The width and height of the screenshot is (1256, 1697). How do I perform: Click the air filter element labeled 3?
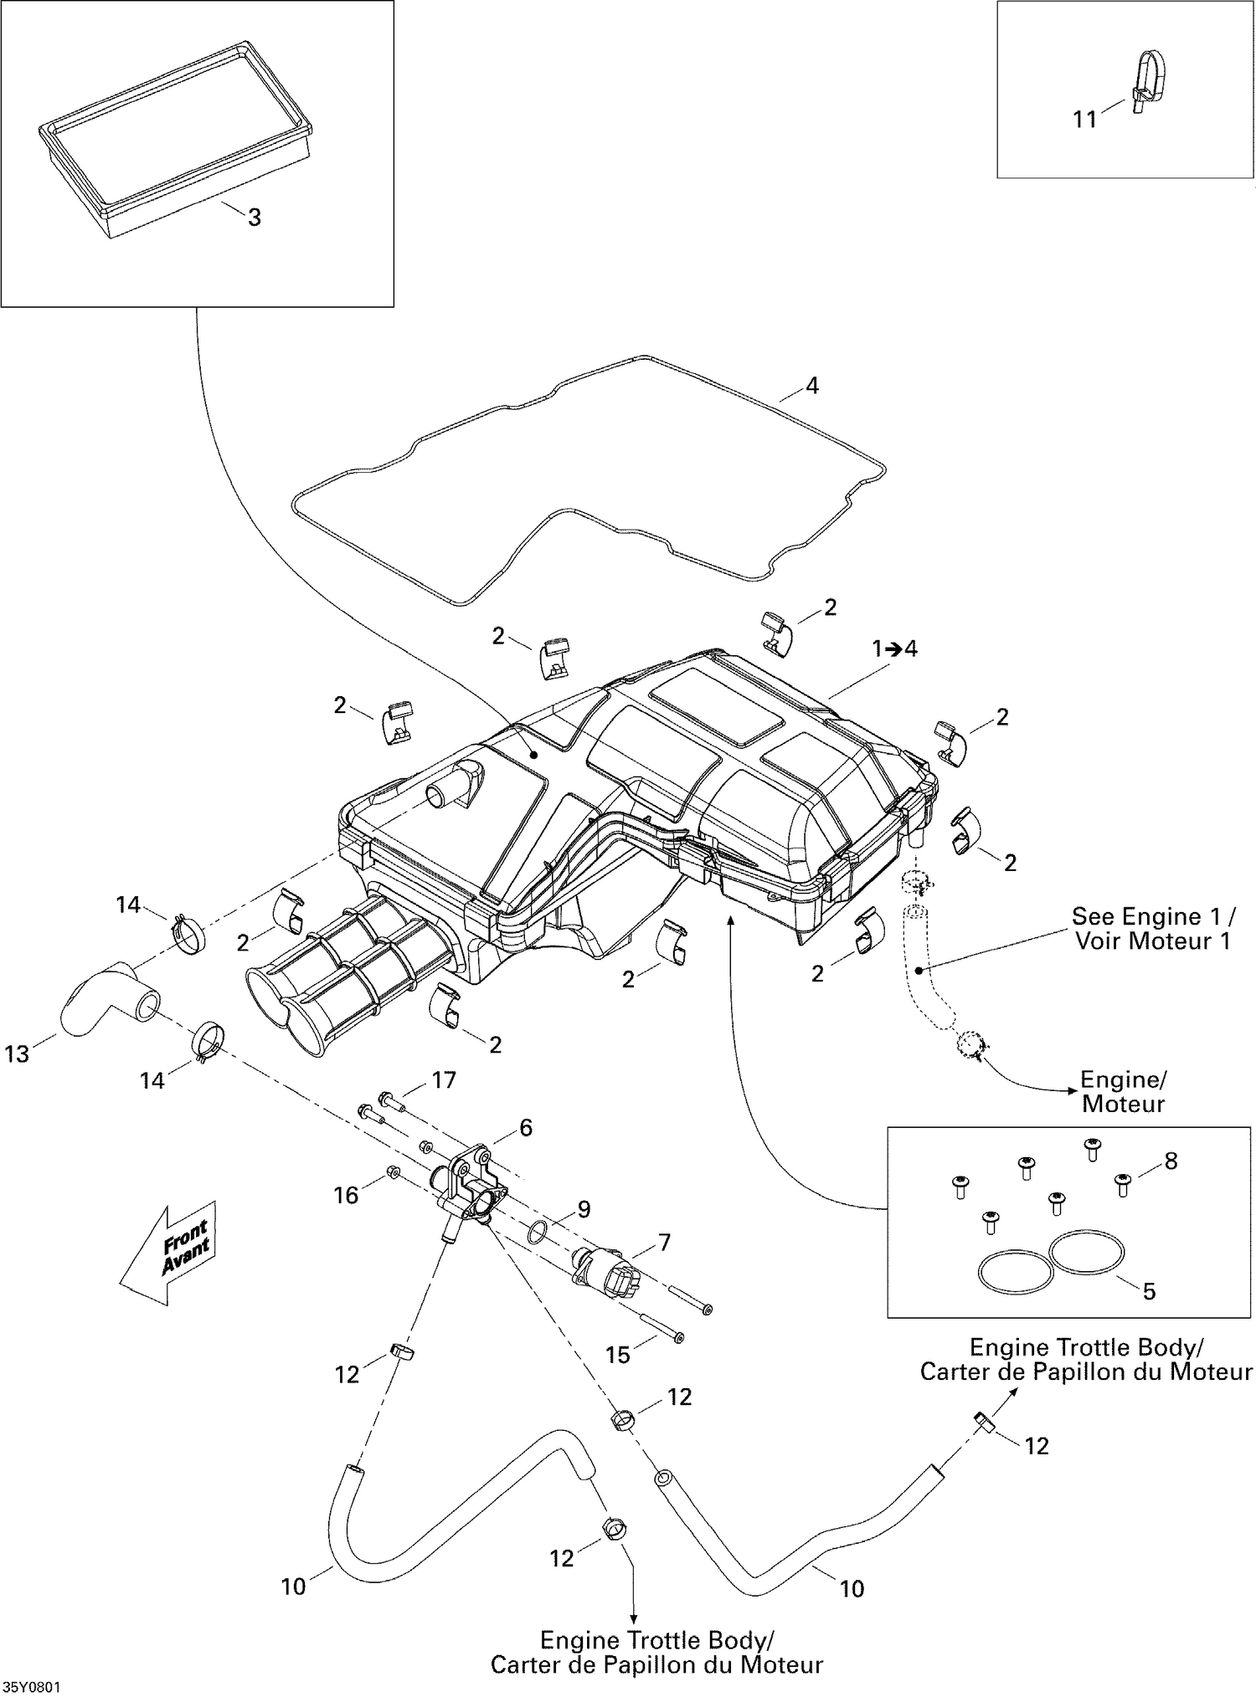176,138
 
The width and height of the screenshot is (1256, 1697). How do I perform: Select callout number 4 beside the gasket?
811,386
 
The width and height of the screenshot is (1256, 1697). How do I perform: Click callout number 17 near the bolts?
443,1080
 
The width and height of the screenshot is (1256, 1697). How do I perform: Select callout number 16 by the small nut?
346,1195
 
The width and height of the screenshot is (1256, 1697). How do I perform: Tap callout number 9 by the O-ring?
584,1209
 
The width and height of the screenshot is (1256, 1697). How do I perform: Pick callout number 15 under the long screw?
617,1354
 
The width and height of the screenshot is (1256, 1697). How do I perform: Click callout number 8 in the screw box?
1171,1161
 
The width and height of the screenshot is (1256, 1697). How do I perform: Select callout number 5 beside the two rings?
1149,1291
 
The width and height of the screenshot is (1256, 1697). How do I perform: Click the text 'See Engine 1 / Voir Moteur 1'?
1153,928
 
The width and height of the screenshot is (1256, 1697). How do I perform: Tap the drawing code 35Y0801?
32,1688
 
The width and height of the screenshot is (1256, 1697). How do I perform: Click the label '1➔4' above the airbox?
894,649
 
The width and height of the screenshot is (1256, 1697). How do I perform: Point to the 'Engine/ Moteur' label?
1123,1091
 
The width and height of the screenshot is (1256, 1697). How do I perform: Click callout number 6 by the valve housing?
526,1128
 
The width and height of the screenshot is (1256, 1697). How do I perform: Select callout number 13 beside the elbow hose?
17,1054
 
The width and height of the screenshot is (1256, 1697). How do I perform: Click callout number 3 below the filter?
255,218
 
